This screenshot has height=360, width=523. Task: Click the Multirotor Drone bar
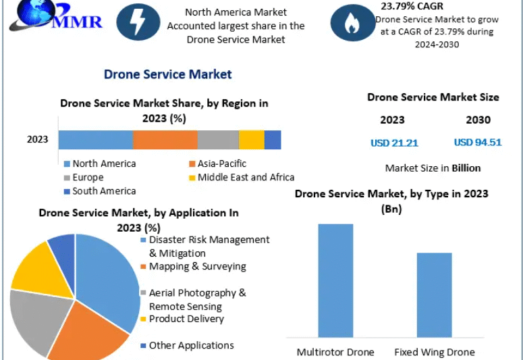tap(335, 280)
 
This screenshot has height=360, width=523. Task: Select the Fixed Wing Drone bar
tap(434, 294)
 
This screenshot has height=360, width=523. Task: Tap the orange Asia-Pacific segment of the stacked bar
tap(165, 140)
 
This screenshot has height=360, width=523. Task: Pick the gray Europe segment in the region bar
tap(218, 140)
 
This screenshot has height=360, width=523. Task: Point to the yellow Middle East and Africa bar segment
tap(251, 140)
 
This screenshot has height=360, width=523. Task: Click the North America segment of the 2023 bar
tap(95, 140)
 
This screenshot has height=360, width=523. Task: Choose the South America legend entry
tap(103, 191)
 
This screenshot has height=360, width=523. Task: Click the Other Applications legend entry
tap(191, 345)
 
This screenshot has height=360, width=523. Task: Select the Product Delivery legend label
tap(186, 319)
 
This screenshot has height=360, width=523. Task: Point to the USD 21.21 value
tap(394, 143)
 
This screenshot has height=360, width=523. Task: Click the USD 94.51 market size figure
tap(478, 142)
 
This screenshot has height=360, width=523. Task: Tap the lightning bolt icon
tap(138, 23)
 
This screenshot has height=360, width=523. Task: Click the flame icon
tap(352, 23)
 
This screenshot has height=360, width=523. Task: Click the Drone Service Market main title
tap(167, 74)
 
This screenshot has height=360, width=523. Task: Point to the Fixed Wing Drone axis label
tap(434, 352)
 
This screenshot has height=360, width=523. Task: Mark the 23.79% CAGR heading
tap(412, 6)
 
